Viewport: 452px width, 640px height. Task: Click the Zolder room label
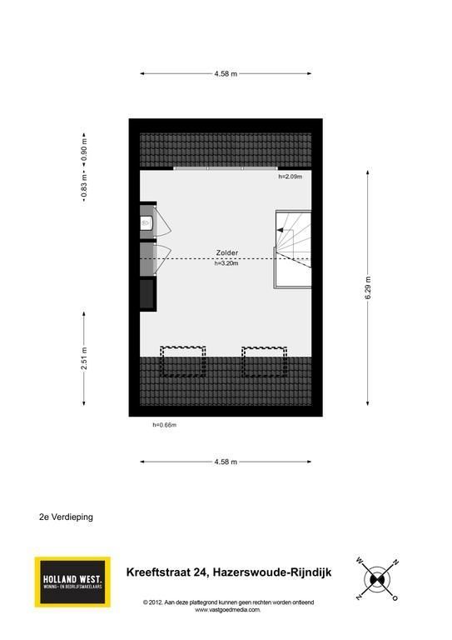[226, 253]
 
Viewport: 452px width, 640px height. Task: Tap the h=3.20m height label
[226, 263]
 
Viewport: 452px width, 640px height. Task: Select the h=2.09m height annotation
[291, 177]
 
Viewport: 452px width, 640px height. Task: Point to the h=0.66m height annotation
[165, 425]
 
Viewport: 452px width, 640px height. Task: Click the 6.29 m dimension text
[368, 287]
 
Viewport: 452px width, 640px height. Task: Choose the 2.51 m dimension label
[84, 359]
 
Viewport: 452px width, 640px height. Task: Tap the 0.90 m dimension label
[84, 149]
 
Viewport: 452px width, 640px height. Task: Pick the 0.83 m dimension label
[84, 186]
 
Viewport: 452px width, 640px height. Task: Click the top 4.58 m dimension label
[226, 74]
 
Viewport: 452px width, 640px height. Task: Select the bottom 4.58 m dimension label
[226, 462]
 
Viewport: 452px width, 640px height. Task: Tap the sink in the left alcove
[146, 222]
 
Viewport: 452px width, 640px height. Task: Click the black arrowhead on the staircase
[280, 230]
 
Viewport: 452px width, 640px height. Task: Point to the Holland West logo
[72, 582]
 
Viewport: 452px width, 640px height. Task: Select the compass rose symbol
[377, 579]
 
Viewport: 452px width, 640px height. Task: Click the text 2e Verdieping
[66, 517]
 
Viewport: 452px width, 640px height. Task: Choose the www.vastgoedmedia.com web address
[227, 610]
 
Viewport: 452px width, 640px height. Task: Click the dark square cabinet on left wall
[148, 293]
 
